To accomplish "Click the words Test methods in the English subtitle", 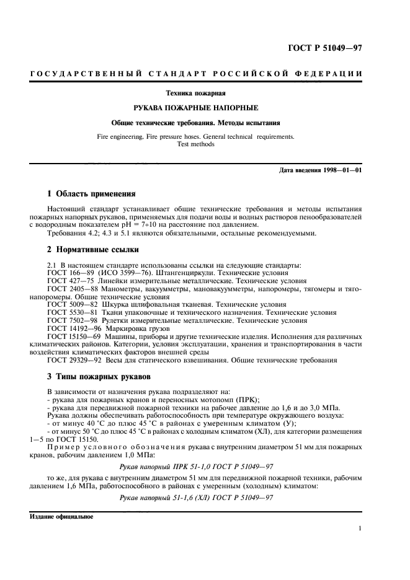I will pos(195,144).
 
